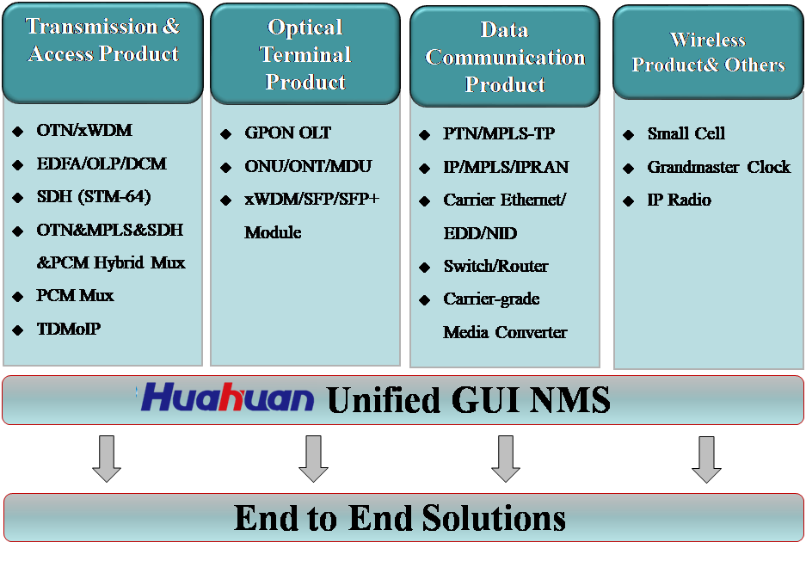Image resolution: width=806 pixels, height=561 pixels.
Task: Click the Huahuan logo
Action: click(x=227, y=398)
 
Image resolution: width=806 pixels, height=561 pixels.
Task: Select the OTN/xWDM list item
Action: click(x=84, y=130)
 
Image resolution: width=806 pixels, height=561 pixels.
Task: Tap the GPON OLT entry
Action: click(x=287, y=133)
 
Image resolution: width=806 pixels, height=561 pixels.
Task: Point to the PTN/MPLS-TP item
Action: click(x=499, y=133)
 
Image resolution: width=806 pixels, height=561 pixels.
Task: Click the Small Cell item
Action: click(x=686, y=133)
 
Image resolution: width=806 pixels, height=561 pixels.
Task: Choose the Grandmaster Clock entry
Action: click(x=718, y=167)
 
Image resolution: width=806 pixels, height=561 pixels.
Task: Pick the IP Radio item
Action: click(x=679, y=200)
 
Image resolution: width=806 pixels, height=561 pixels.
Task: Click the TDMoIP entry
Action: click(x=68, y=329)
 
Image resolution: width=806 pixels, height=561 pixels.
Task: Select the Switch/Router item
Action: click(x=495, y=267)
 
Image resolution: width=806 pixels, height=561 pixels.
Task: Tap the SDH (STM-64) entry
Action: click(x=94, y=196)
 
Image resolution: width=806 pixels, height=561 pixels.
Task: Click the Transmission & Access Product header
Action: click(x=103, y=40)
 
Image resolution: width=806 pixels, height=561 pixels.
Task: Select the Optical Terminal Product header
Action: click(x=305, y=54)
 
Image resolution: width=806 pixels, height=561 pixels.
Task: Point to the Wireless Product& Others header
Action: click(x=708, y=52)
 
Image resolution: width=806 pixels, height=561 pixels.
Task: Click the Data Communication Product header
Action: click(x=505, y=57)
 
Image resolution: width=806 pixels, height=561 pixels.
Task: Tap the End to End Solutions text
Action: click(x=399, y=517)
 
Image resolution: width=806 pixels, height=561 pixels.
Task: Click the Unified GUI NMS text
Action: click(x=468, y=399)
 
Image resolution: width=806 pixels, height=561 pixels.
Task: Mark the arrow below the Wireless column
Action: click(x=706, y=459)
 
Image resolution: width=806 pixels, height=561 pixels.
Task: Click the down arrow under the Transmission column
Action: click(x=107, y=459)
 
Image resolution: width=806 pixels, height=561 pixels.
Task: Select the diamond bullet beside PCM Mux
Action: click(x=18, y=296)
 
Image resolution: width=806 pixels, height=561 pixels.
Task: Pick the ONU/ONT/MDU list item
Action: click(x=308, y=166)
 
